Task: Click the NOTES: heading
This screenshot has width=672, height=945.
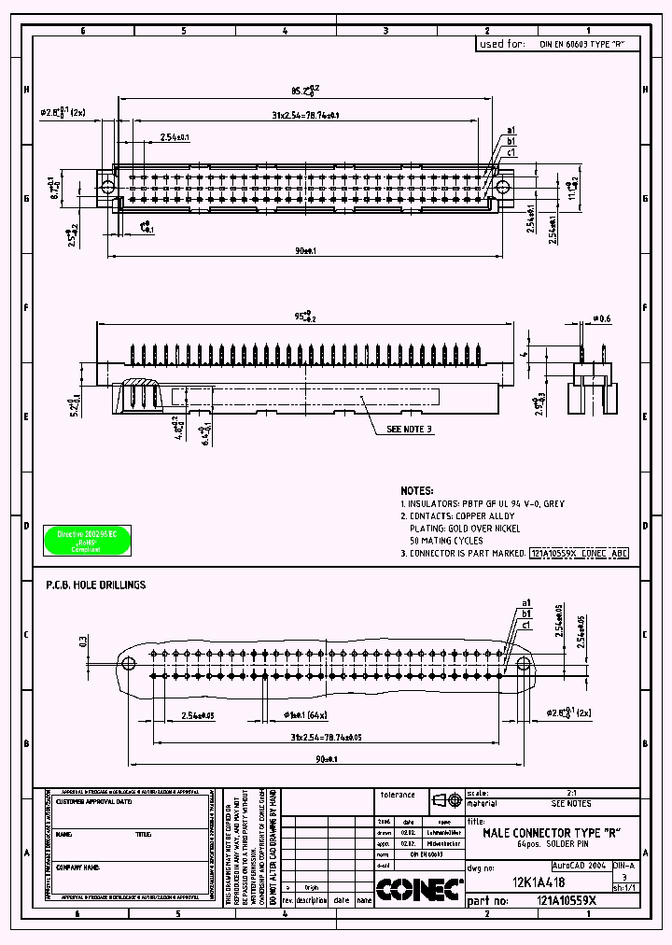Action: (x=416, y=490)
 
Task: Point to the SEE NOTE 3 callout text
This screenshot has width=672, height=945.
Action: (x=411, y=430)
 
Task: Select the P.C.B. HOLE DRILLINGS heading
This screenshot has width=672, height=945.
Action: (x=96, y=585)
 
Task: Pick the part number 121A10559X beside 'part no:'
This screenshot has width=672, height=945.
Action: (x=567, y=901)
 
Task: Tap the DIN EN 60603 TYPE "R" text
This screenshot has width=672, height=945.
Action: (x=581, y=44)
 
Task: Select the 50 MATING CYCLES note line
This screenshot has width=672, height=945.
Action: (x=447, y=541)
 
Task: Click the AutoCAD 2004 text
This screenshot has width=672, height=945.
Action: (x=580, y=866)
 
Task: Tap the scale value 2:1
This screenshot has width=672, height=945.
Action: (x=570, y=792)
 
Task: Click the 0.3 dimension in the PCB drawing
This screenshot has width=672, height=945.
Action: (x=84, y=642)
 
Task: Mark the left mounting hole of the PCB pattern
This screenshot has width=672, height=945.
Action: (x=130, y=663)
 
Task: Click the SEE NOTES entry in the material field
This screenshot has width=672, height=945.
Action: (x=570, y=803)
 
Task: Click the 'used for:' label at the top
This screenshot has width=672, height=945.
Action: (x=502, y=44)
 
